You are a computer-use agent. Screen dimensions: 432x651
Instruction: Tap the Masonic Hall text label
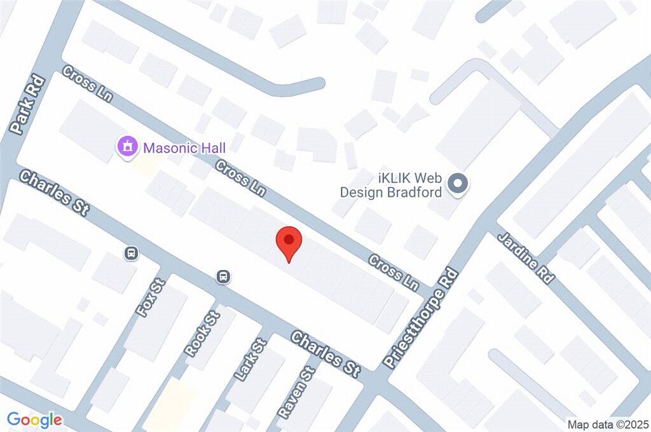[x=184, y=148]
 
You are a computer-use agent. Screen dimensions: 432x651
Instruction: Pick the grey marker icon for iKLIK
[x=458, y=184]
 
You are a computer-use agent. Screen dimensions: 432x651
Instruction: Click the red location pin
[x=289, y=243]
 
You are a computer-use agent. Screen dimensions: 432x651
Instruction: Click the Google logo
[x=35, y=420]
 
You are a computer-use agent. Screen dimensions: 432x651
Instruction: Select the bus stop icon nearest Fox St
[x=131, y=253]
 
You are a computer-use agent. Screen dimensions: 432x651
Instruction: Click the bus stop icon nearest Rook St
[x=223, y=276]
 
